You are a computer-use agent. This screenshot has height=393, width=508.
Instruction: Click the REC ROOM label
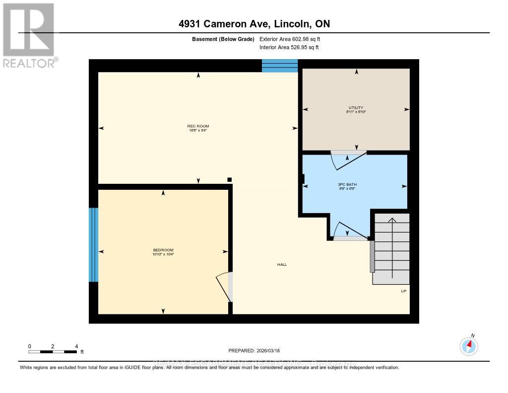coord(198,126)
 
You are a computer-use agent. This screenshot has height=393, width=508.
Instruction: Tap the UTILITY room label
coord(356,107)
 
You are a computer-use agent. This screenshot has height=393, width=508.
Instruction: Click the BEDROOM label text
coord(163,250)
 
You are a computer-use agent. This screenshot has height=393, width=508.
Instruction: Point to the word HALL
coord(282,264)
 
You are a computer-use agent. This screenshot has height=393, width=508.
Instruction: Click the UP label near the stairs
coord(403,291)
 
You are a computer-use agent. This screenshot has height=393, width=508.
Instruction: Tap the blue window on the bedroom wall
coord(93,244)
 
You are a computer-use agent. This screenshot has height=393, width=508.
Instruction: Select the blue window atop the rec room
coord(279,66)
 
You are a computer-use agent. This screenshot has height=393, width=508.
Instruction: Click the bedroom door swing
coord(224,287)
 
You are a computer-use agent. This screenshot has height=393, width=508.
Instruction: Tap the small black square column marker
coord(229,179)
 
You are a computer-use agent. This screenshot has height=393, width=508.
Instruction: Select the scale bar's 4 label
coord(76,346)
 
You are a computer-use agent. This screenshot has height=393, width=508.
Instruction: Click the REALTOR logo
coord(29,35)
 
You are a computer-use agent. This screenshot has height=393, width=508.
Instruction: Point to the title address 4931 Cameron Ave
coord(254,24)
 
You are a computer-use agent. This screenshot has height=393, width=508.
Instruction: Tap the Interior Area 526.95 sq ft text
coord(289,47)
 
